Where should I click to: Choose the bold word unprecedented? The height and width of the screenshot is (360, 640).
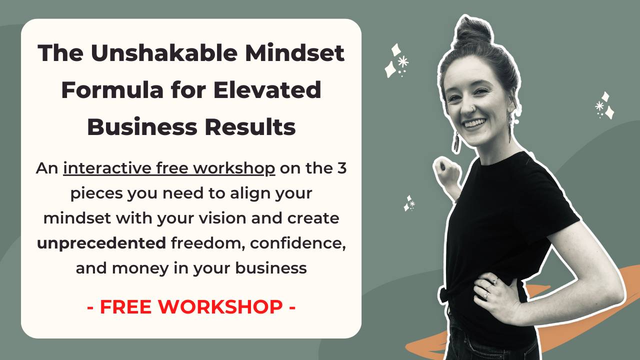[101, 243]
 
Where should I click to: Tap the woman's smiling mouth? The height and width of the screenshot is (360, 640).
[474, 123]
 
